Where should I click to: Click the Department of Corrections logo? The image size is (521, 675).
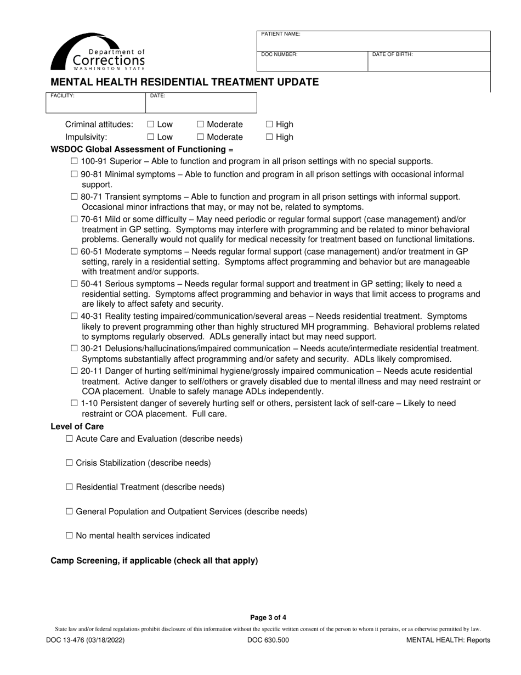coord(98,52)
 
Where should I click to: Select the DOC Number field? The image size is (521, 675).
coord(312,61)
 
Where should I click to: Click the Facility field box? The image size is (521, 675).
coord(95,103)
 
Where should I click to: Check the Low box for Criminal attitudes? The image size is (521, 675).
coord(151,125)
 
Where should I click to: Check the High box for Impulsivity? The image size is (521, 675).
coord(269,137)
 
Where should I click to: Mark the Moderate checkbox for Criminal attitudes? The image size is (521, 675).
coord(200,125)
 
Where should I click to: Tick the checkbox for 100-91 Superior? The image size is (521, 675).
coord(75,161)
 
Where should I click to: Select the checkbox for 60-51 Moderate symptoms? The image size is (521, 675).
coord(75,251)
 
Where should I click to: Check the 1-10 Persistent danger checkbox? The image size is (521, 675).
coord(75,403)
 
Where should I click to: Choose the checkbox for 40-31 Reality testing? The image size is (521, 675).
coord(75,316)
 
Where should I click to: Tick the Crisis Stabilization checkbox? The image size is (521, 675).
coord(69,463)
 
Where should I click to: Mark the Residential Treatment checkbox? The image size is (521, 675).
coord(69,487)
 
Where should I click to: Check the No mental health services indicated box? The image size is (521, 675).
coord(69,536)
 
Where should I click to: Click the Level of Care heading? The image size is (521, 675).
coord(77,426)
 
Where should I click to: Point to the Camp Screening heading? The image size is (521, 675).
coord(154,561)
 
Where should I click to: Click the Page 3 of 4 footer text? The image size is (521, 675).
coord(268,617)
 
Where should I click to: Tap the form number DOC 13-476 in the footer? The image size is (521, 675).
coord(88,640)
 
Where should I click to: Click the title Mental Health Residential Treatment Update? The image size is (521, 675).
coord(184,82)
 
